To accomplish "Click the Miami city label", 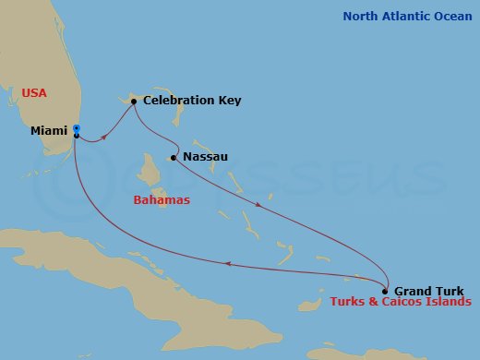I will click(x=48, y=131).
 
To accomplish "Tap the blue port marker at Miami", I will click(x=77, y=129).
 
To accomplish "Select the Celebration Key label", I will click(x=192, y=101).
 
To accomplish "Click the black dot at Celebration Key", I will click(x=134, y=102).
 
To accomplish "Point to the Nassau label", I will click(x=205, y=157).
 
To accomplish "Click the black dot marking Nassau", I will click(x=174, y=158).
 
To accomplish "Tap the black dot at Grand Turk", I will click(x=386, y=291).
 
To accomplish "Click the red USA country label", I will click(x=34, y=92).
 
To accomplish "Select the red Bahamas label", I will click(x=162, y=199).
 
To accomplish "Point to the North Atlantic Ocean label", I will click(x=406, y=17).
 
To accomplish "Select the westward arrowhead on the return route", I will click(x=228, y=264).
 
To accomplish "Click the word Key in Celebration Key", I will click(x=229, y=101).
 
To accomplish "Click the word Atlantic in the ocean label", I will click(x=406, y=17).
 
